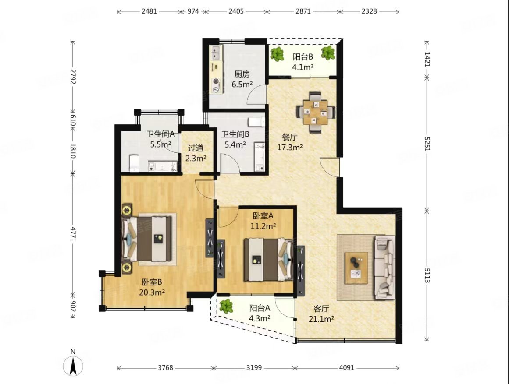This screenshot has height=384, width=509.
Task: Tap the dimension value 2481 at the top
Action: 149,11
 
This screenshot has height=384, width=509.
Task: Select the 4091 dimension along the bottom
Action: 347,368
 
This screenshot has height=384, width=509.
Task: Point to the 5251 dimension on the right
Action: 427,143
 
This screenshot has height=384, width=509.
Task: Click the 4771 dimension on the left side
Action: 73,233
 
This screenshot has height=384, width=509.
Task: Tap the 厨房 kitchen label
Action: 242,74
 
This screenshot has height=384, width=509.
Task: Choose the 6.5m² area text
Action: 242,85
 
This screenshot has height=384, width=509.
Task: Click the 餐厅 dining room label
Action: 289,137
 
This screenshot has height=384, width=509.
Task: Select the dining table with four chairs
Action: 316,112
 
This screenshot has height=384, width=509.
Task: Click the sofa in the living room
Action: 385,268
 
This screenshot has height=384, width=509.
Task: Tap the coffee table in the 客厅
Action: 356,268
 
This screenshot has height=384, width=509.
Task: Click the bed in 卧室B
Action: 147,240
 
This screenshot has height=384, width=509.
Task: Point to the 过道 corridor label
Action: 196,148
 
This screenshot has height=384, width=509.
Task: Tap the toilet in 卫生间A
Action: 134,163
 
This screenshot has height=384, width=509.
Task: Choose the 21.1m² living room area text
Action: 321,319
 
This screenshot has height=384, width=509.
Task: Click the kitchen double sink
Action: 216,53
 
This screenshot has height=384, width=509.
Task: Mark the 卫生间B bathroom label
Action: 235,134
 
